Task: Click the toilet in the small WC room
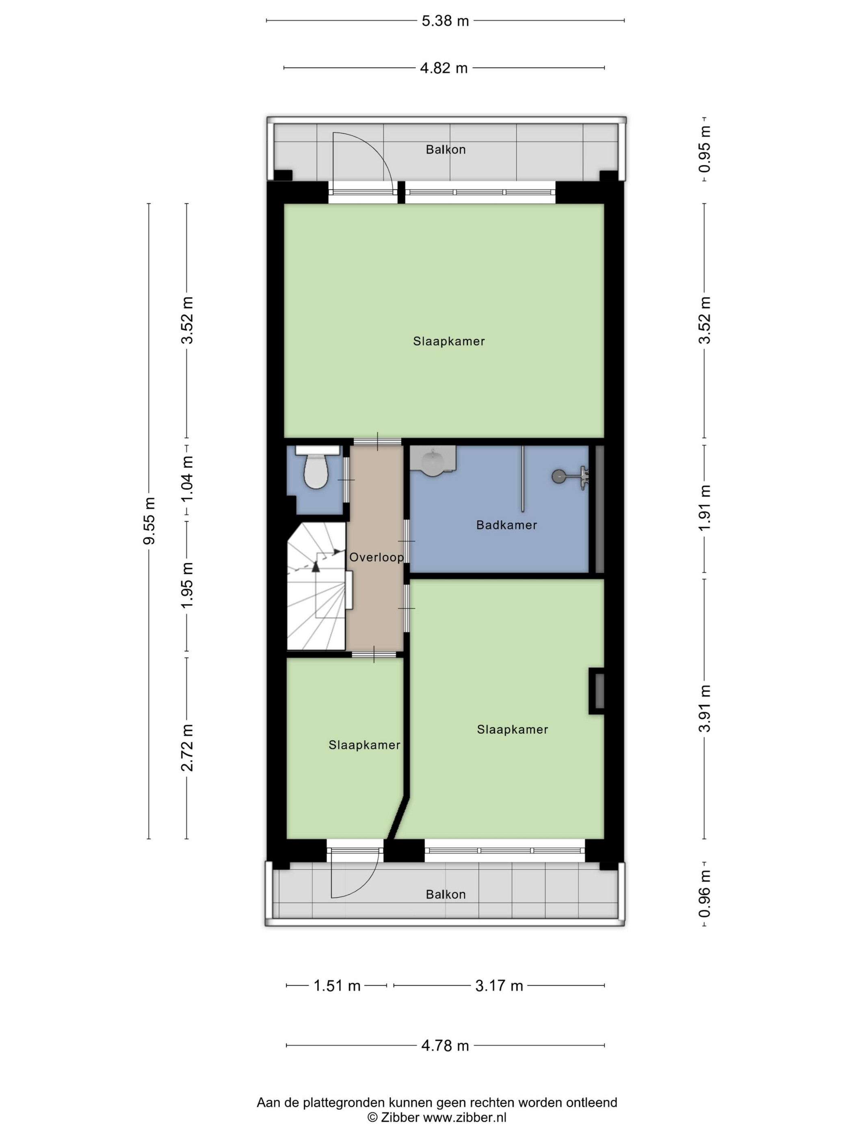click(316, 466)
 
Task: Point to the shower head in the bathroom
click(570, 476)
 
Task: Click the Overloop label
click(377, 557)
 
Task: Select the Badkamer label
click(507, 525)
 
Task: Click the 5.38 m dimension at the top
click(445, 21)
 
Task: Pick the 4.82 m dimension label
click(444, 68)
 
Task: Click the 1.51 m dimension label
click(337, 986)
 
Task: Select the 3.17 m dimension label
click(499, 986)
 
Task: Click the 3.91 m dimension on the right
click(704, 708)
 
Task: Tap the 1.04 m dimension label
click(186, 480)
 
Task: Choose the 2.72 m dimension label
click(186, 748)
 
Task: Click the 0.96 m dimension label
click(704, 893)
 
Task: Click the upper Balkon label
click(446, 149)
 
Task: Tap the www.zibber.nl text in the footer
click(464, 1117)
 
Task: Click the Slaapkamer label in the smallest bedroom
click(364, 745)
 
